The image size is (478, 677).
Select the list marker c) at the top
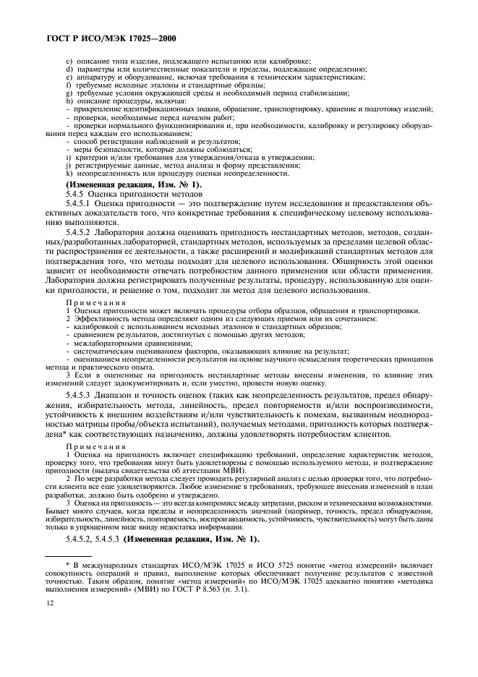[69, 61]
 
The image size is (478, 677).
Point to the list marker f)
[68, 85]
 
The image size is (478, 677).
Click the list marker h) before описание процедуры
[69, 101]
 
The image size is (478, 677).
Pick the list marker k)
[69, 173]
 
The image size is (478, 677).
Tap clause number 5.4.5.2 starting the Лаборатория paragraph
[81, 231]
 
